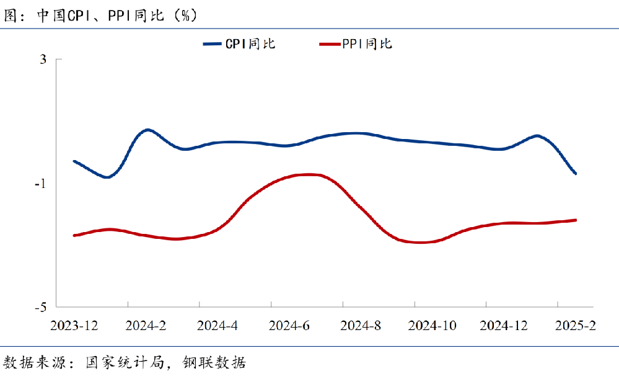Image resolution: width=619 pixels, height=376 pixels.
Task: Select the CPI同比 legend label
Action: point(250,44)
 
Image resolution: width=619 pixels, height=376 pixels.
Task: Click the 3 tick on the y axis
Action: point(43,60)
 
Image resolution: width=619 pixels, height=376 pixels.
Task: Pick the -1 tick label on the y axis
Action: point(41,184)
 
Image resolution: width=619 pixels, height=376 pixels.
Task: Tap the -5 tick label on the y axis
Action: point(41,307)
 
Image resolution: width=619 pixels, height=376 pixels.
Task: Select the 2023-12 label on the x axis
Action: point(74,325)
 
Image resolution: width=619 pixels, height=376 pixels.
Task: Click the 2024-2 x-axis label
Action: point(146,325)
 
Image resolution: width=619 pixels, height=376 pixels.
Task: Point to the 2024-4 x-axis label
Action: point(217,325)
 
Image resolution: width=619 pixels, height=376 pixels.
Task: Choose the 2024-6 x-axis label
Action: point(289,325)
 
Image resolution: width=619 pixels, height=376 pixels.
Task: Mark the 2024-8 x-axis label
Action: point(361,325)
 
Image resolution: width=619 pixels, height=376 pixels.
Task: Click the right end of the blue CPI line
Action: point(576,173)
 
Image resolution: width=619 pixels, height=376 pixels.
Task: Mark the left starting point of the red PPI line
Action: point(74,235)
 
